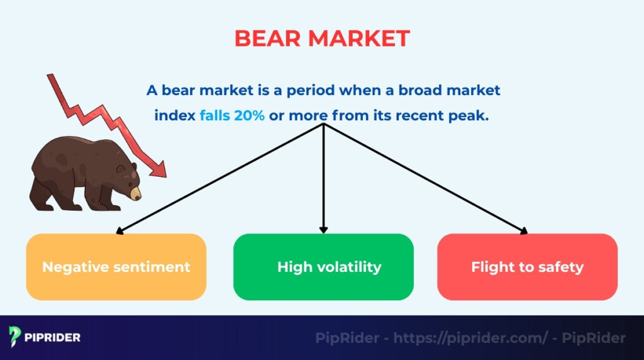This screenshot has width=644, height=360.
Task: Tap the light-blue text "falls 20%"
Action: click(232, 116)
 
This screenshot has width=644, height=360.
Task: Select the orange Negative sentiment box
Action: click(116, 267)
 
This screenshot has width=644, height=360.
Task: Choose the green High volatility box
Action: click(323, 267)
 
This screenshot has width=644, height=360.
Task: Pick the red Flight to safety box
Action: click(527, 267)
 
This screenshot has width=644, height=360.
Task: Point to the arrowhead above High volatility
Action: click(323, 229)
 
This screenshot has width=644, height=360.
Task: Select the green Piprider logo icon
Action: click(16, 337)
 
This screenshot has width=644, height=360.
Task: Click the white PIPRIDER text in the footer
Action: click(53, 337)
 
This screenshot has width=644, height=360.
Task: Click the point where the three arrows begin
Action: click(323, 125)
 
